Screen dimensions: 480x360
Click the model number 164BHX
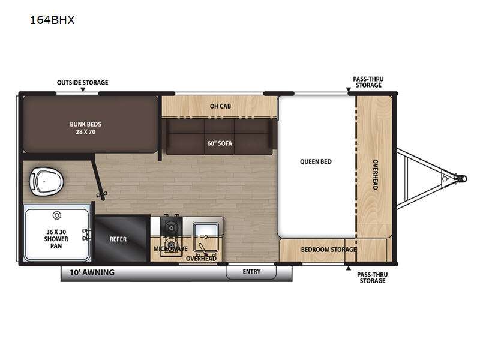tap(52, 20)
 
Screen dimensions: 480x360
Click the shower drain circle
tap(57, 215)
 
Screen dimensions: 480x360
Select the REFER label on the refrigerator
tap(118, 239)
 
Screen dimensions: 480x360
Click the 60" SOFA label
tap(220, 143)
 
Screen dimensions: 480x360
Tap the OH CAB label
tap(220, 106)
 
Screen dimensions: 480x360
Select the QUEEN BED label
tap(316, 161)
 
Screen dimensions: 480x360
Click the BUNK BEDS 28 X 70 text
tap(85, 128)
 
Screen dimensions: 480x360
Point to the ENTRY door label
tap(251, 272)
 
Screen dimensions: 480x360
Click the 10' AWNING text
tap(92, 272)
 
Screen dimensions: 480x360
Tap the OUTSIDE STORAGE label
tap(83, 83)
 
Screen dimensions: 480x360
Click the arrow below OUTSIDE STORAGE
tap(83, 89)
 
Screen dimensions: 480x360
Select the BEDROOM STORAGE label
tap(329, 250)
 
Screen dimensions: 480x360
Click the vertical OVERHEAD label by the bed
tap(376, 175)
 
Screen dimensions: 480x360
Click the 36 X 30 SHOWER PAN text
tap(56, 239)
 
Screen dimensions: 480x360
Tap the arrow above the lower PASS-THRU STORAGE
tap(349, 268)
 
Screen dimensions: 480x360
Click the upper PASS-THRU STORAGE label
tap(368, 82)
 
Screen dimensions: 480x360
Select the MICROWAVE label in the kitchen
tap(170, 248)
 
